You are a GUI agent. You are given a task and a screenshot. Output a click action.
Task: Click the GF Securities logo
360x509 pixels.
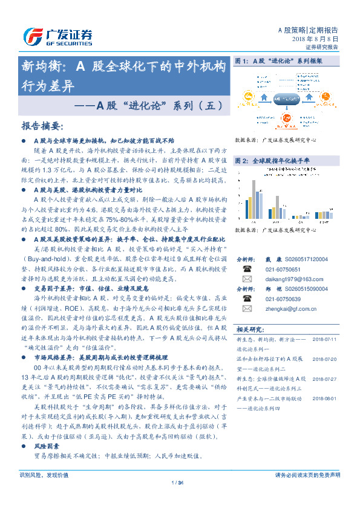tap(57, 37)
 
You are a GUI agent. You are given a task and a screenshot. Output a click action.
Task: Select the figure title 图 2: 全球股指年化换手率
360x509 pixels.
tap(272, 161)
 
